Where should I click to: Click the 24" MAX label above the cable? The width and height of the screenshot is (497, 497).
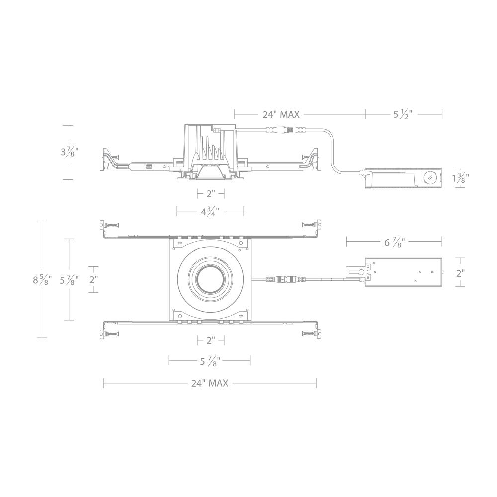tap(281, 115)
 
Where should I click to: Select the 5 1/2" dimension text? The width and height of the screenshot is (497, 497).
tap(403, 115)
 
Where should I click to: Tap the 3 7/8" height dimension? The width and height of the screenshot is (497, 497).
tap(69, 152)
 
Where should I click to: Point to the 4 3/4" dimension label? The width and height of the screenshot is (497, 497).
tap(210, 212)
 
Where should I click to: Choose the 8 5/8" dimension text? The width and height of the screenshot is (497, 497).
tap(42, 280)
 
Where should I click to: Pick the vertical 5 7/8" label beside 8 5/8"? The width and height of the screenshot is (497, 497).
tap(69, 280)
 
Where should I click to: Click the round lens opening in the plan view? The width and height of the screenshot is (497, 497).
tap(210, 279)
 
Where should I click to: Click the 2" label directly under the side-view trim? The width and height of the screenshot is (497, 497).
tap(210, 193)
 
